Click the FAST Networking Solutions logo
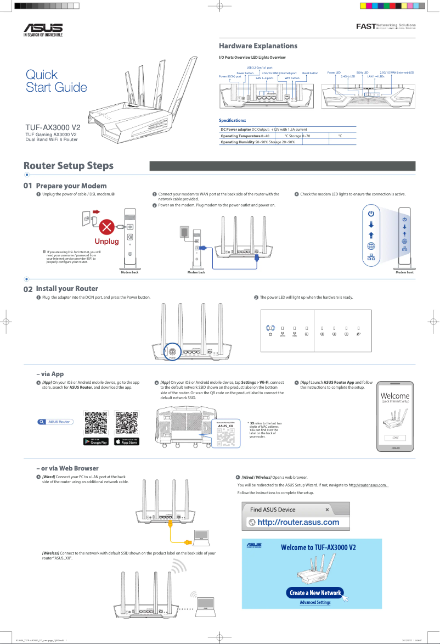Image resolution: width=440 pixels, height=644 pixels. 386,26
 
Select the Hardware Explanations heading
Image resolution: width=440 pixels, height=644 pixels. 258,46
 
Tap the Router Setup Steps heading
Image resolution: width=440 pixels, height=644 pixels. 69,166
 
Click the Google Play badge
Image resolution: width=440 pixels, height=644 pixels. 95,441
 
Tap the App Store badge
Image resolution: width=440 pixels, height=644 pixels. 127,441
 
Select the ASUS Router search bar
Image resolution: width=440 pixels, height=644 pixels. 55,422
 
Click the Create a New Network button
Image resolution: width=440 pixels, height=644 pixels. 315,592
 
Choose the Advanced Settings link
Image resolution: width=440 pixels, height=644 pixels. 315,602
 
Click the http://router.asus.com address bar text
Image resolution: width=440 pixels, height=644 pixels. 298,522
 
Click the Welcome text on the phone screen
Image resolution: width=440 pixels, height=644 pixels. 394,396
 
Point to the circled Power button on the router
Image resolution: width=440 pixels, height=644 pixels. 172,351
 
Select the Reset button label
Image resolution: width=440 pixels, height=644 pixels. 310,73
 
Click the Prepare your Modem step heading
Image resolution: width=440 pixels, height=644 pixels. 71,186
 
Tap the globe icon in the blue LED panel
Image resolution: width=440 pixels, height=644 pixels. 371,245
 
